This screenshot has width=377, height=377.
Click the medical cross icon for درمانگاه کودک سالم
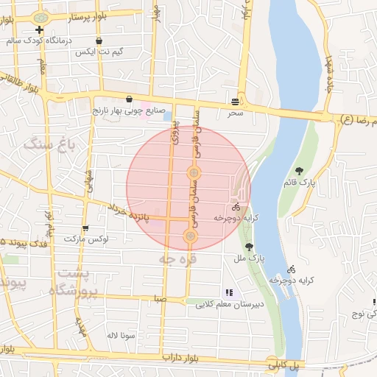coord(38,30)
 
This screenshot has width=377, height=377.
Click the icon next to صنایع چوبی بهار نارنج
coord(129,99)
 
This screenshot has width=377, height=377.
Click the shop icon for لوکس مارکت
coord(85,228)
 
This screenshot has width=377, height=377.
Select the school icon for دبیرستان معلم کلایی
coord(228,292)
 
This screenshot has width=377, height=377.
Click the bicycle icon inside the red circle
coord(236,208)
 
